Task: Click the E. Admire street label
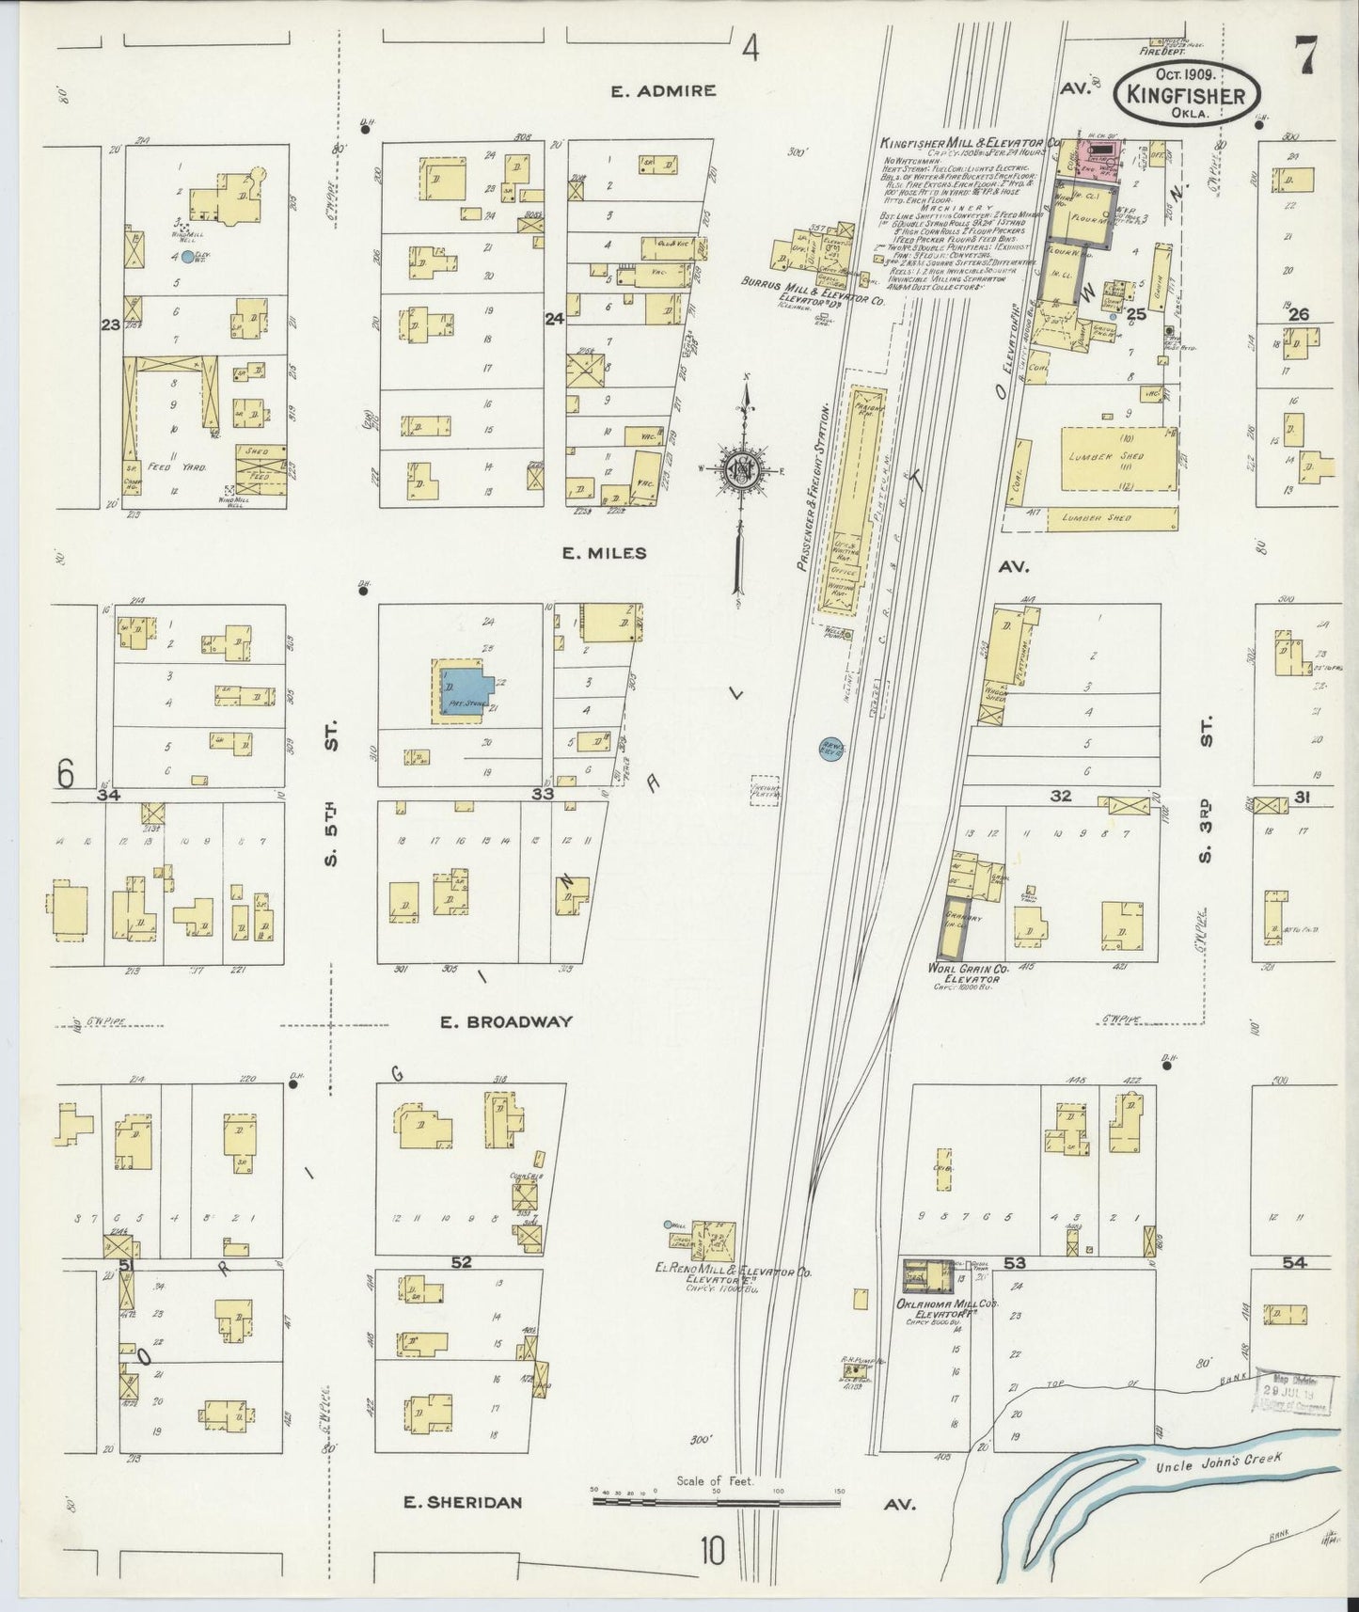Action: [663, 91]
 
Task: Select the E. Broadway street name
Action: [506, 1021]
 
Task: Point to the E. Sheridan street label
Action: [462, 1502]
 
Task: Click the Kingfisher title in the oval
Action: [1187, 95]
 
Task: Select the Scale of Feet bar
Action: [715, 1501]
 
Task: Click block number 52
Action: [460, 1262]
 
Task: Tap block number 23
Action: [111, 324]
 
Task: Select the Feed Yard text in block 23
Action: [165, 467]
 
